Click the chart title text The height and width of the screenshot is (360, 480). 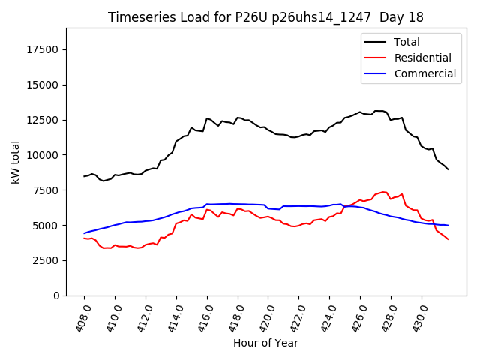(x=265, y=17)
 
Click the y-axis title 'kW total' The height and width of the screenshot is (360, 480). (x=16, y=161)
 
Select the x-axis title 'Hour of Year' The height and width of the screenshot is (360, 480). (x=265, y=343)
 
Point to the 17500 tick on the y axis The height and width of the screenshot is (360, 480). (x=43, y=49)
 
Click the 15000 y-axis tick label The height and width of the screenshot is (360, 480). (x=43, y=85)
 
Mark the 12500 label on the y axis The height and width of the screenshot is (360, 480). (x=43, y=120)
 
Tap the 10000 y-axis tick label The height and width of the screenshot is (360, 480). (x=43, y=155)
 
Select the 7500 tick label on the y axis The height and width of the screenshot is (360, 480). (x=46, y=190)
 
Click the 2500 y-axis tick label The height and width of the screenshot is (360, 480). (x=46, y=260)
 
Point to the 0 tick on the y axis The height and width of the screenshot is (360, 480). (x=57, y=295)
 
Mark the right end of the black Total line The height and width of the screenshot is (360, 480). (x=448, y=169)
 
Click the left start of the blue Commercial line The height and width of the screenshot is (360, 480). (x=84, y=233)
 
